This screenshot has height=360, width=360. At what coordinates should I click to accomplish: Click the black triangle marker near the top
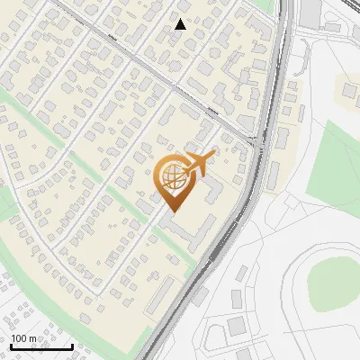point(181,24)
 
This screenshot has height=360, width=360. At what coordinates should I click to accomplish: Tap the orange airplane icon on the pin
point(199,163)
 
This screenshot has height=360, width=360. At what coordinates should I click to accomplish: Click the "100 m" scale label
point(23,338)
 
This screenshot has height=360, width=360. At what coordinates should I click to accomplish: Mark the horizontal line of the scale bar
point(41,346)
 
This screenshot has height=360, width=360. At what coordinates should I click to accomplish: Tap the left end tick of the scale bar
point(11,346)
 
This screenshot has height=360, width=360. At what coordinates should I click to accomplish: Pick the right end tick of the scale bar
point(72,346)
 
